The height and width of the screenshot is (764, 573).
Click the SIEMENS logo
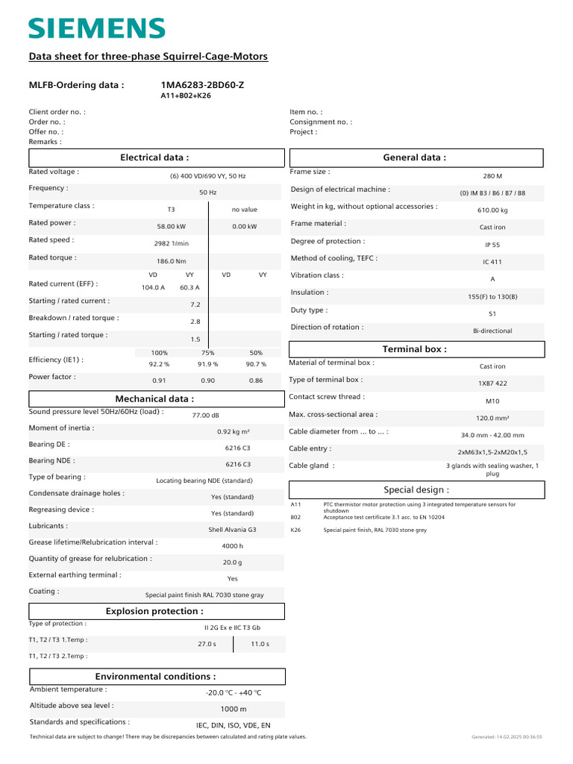click(97, 28)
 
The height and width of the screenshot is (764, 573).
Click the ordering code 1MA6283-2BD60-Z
click(202, 85)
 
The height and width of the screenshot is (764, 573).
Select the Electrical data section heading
click(154, 157)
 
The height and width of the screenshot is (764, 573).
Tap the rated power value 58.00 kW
click(171, 226)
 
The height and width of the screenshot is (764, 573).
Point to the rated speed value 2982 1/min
click(171, 243)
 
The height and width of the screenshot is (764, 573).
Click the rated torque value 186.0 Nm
click(171, 261)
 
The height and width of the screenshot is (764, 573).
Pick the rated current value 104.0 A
click(153, 287)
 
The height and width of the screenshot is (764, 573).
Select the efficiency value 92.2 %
click(159, 364)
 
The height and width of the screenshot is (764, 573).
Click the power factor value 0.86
click(255, 381)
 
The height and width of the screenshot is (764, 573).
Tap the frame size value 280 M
click(492, 176)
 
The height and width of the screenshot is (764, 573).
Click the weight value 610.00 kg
click(492, 210)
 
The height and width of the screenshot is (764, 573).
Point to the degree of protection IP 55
click(492, 245)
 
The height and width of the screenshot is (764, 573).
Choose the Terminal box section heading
click(415, 349)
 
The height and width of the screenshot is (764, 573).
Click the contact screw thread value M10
click(492, 401)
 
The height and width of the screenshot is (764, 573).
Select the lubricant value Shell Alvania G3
click(232, 530)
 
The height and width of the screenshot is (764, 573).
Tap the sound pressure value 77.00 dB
click(206, 415)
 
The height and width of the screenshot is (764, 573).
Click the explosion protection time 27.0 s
click(207, 643)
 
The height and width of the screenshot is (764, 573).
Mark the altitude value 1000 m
click(233, 709)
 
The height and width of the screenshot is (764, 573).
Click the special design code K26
click(295, 530)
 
